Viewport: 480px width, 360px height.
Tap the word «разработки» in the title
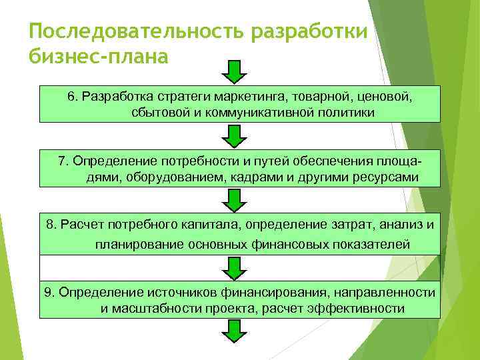point(310,31)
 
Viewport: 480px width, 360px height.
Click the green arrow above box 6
point(234,71)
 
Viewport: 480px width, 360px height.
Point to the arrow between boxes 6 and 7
point(234,135)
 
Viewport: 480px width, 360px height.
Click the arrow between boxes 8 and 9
point(234,267)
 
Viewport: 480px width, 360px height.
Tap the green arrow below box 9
point(234,331)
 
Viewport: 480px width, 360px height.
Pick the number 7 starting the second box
point(62,161)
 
